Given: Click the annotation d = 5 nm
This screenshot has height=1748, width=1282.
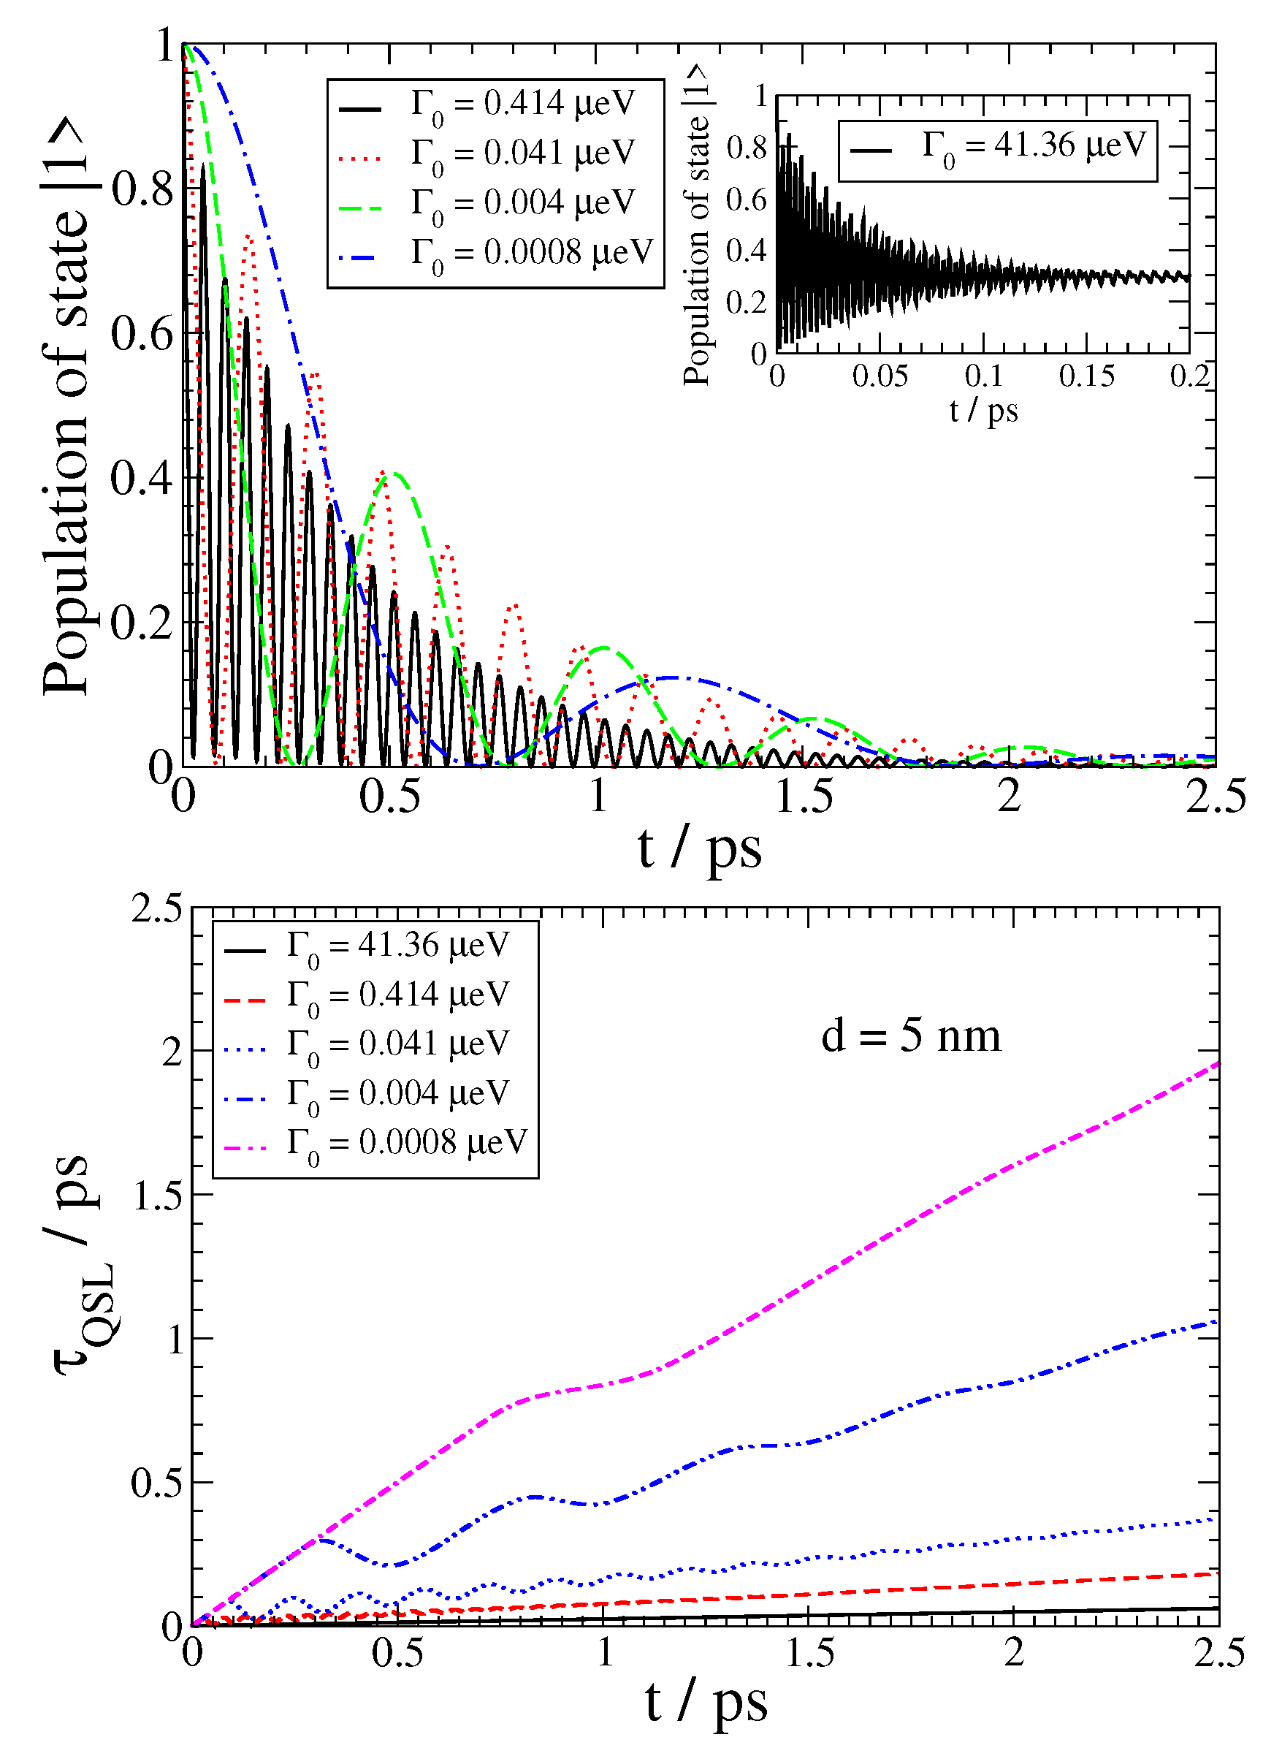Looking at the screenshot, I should pos(911,1037).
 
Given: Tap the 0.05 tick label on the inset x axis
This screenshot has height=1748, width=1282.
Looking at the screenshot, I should pos(880,376).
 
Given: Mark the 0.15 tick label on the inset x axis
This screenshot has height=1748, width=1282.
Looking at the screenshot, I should pos(1086,376).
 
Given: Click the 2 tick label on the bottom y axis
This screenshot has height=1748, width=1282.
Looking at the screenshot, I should pos(172,1053).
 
